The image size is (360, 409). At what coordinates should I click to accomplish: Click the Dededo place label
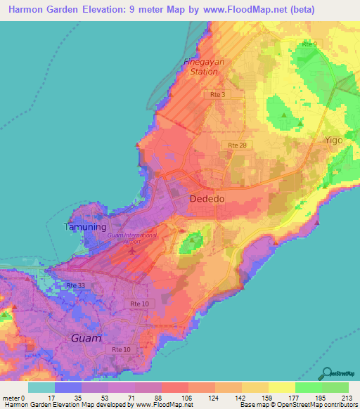pos(207,200)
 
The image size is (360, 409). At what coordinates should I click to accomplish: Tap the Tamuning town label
pos(85,227)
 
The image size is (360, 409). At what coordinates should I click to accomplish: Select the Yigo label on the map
pos(334,140)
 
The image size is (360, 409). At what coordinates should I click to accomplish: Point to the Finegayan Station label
pos(200,67)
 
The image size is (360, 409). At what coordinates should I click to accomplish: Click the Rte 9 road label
pos(308,44)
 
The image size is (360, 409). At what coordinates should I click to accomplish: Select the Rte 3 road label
pos(217,93)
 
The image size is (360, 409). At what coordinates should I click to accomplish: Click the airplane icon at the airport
pos(132,251)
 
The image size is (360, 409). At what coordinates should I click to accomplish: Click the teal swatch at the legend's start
pos(41,387)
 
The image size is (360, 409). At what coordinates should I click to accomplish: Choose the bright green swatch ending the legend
pos(335,387)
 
